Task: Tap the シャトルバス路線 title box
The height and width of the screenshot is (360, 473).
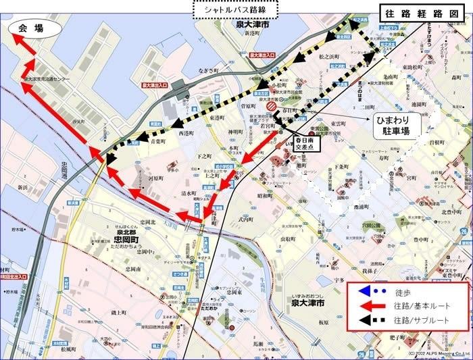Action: (235, 9)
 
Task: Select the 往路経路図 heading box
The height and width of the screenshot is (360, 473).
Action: (424, 12)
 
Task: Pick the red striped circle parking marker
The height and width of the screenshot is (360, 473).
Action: (270, 105)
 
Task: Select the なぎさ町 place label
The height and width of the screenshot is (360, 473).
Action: (208, 70)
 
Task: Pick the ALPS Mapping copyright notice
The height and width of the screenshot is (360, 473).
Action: (438, 354)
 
